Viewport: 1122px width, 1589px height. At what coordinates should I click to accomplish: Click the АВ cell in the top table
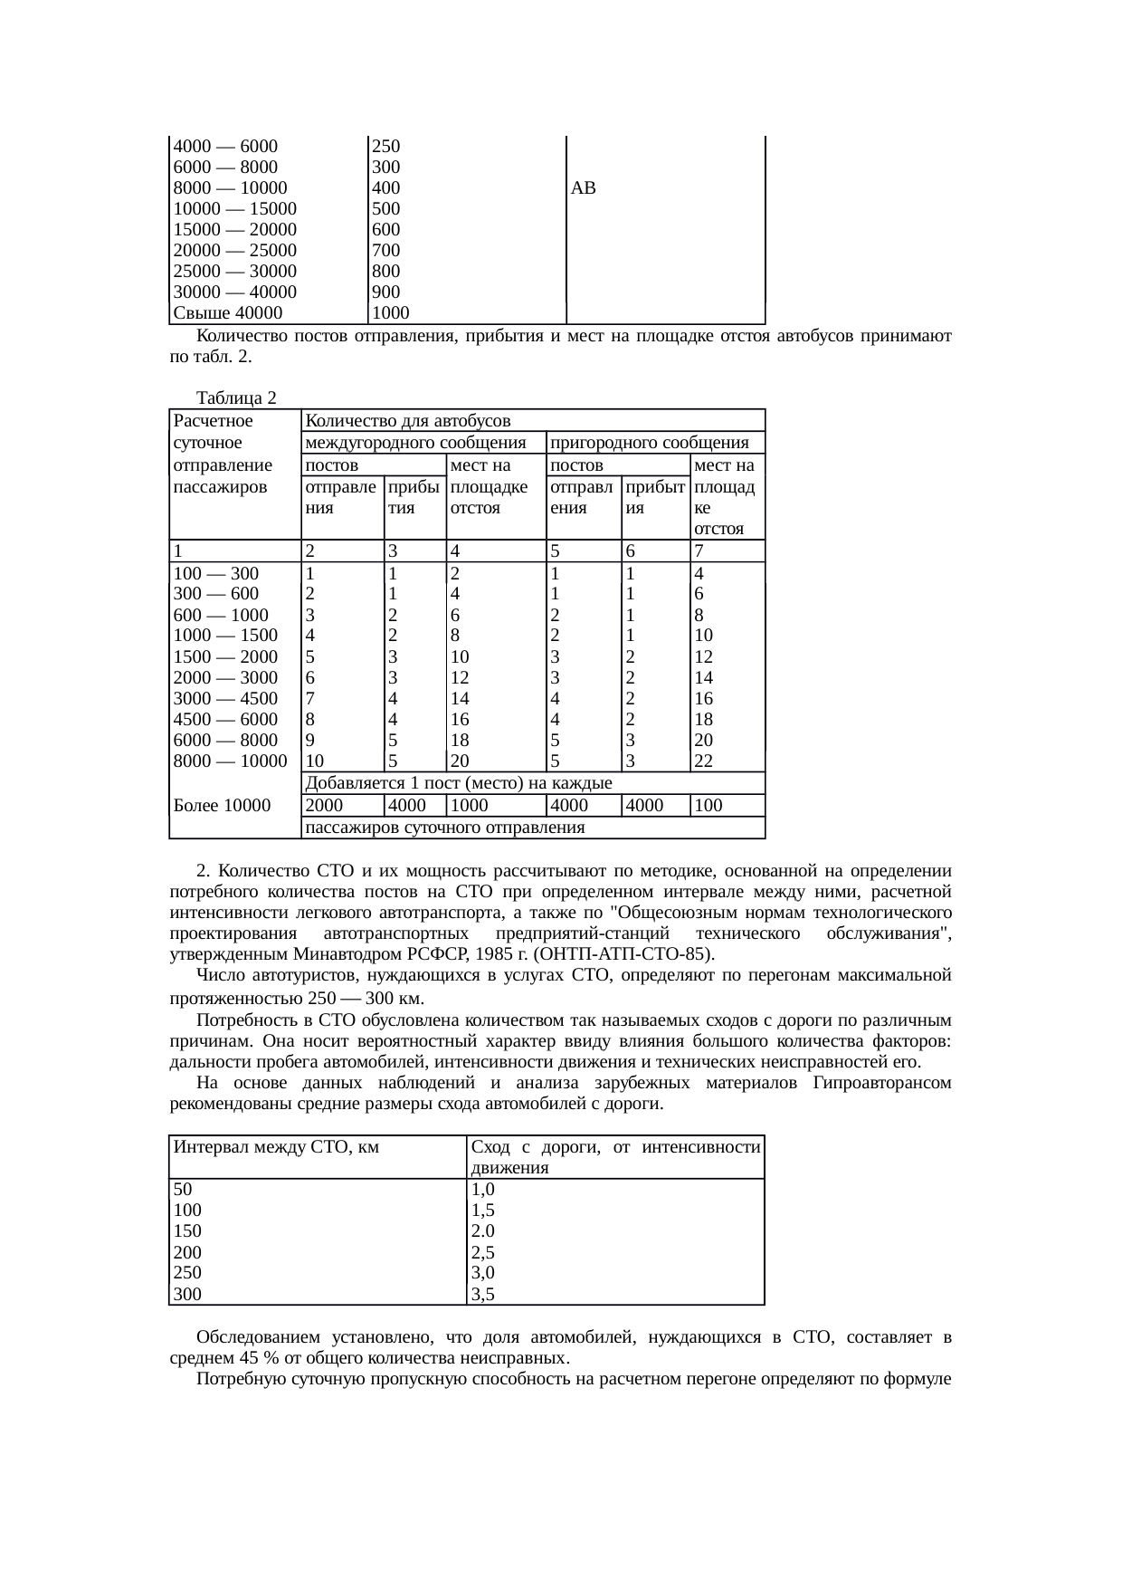click(584, 188)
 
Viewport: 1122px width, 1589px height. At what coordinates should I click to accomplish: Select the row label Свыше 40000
click(227, 313)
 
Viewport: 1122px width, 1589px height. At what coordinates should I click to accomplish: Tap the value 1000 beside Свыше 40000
click(391, 313)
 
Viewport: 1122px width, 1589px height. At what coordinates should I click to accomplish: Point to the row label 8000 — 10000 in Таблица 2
click(229, 761)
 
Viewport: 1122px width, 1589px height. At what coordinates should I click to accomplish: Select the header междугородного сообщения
click(416, 443)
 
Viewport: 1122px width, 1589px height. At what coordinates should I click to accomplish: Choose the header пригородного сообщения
click(649, 443)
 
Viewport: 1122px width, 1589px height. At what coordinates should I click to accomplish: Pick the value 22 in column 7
click(704, 761)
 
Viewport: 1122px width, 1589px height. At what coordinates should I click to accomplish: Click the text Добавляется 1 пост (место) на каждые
click(459, 783)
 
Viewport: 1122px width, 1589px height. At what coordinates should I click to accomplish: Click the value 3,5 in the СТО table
click(483, 1295)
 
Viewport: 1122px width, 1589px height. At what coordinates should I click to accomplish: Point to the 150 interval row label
click(187, 1231)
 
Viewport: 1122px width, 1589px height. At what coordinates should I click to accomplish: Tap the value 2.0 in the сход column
click(483, 1231)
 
